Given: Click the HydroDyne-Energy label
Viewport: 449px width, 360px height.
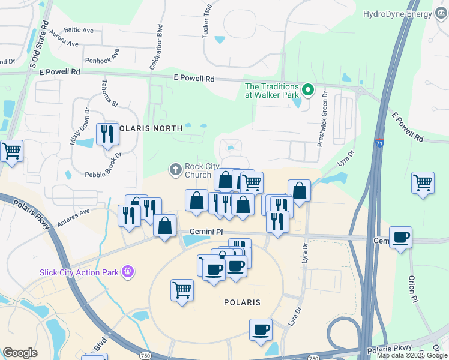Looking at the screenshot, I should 398,14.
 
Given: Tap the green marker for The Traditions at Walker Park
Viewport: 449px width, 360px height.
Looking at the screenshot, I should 309,91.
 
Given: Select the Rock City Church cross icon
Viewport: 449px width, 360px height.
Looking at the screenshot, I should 176,170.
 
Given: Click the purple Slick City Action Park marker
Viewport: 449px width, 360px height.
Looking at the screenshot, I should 127,272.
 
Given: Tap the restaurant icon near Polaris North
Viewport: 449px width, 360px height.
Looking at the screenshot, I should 107,134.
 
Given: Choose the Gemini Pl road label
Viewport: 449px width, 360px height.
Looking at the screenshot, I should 206,232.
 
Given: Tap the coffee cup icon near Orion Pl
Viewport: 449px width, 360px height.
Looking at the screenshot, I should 400,237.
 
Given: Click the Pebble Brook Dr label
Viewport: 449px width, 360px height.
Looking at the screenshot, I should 103,163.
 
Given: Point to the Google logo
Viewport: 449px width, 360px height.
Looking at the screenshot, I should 20,353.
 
